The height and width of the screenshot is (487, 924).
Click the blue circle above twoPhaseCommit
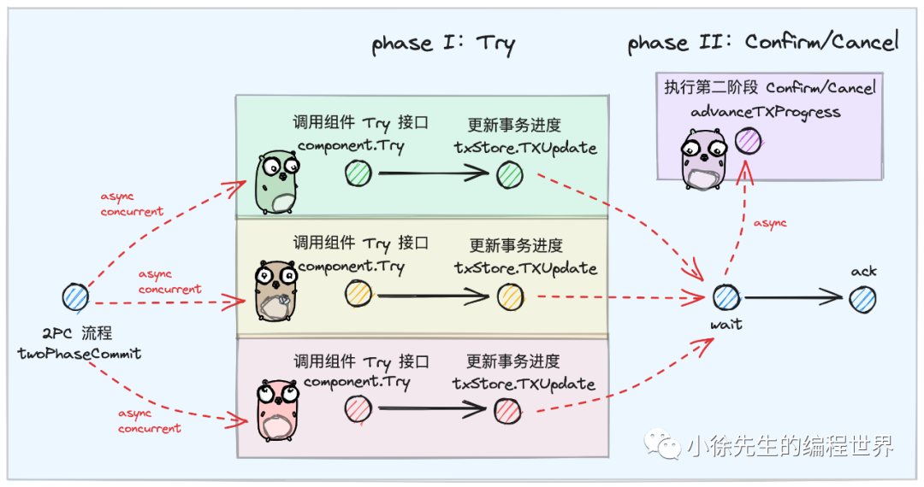pyautogui.click(x=75, y=297)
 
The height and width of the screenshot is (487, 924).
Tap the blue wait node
pyautogui.click(x=726, y=297)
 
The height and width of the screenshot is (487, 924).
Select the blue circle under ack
pyautogui.click(x=862, y=298)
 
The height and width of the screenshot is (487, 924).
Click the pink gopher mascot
pyautogui.click(x=276, y=409)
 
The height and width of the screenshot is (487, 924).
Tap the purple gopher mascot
pyautogui.click(x=702, y=159)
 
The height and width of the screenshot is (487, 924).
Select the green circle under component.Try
pyautogui.click(x=358, y=175)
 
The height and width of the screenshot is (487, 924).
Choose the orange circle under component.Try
pyautogui.click(x=358, y=295)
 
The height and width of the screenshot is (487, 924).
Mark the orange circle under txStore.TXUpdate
pyautogui.click(x=510, y=296)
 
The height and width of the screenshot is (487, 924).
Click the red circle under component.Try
pyautogui.click(x=358, y=410)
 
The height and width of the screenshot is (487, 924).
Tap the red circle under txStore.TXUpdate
pyautogui.click(x=507, y=412)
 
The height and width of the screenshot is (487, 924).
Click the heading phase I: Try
pyautogui.click(x=443, y=44)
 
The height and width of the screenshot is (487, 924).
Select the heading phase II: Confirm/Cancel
pyautogui.click(x=763, y=42)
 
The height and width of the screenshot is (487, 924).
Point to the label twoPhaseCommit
pyautogui.click(x=79, y=354)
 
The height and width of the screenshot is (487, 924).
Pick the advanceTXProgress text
pyautogui.click(x=765, y=112)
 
